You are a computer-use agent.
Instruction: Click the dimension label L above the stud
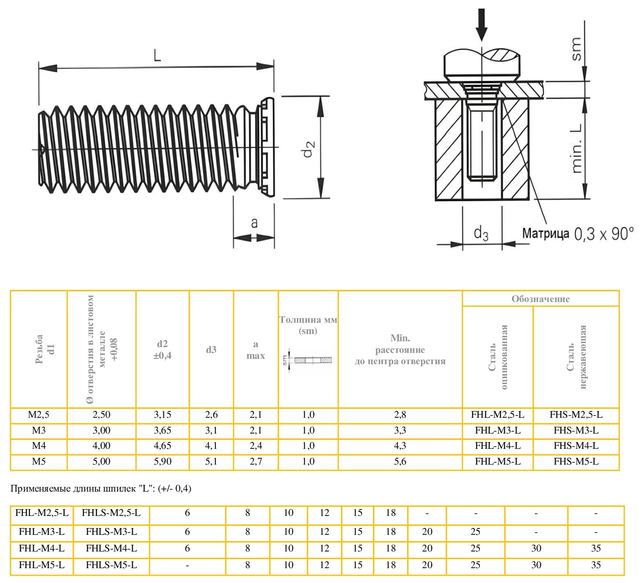click(157, 55)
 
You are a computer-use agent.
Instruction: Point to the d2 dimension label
click(309, 148)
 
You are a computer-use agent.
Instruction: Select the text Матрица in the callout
click(545, 234)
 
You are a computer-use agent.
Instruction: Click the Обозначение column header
click(540, 299)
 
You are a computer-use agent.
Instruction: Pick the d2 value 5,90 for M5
click(162, 461)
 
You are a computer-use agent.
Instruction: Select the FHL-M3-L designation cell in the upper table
click(498, 430)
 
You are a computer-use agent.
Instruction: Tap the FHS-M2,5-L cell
click(576, 415)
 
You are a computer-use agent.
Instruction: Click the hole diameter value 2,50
click(101, 415)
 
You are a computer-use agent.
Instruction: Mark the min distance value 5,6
click(400, 461)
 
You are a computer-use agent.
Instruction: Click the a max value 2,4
click(256, 446)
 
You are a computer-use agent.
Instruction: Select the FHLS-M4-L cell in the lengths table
click(111, 548)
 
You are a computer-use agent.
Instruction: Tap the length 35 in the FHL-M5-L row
click(596, 565)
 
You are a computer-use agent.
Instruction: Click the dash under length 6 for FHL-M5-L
click(187, 565)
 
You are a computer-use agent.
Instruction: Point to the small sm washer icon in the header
click(309, 361)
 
